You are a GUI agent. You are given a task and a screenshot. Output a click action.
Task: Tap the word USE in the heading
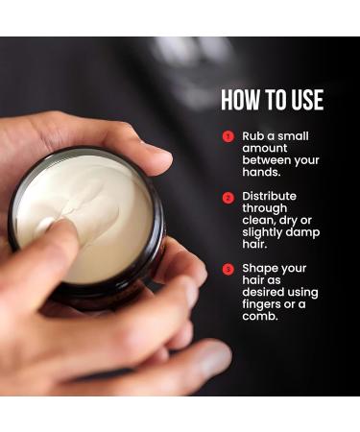[305, 100]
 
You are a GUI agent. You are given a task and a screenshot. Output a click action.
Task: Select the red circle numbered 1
[228, 136]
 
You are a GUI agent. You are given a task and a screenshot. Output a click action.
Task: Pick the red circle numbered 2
[228, 197]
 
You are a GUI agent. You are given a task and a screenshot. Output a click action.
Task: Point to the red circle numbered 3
[228, 268]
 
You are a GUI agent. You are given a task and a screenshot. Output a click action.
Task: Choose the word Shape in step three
[261, 268]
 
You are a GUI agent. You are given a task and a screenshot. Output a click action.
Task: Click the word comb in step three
[262, 317]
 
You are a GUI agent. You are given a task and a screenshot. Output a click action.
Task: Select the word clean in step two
[260, 221]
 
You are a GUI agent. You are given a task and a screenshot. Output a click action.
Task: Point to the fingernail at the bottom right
[217, 360]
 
